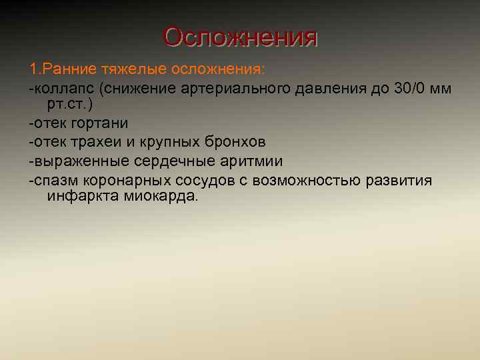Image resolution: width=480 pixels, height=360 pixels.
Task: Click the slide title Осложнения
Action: pos(240,37)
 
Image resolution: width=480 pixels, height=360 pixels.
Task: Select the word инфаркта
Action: pos(83,197)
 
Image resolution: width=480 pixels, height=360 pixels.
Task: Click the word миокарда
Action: pos(160,197)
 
